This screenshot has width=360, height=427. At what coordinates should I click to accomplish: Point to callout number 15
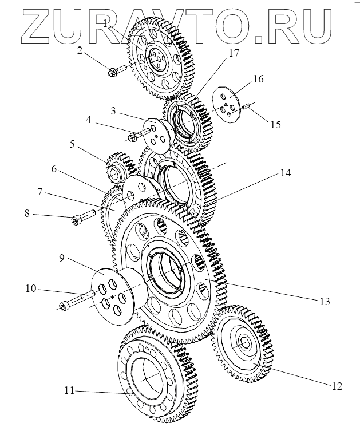click(x=276, y=124)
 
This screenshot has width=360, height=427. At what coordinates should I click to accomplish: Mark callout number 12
click(x=337, y=386)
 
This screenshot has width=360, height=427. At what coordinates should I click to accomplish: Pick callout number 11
click(x=70, y=392)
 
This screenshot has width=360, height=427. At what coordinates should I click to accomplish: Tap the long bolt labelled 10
click(x=74, y=302)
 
